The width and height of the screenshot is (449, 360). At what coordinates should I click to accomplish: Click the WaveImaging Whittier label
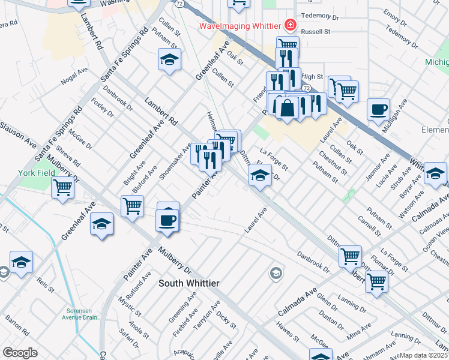pyautogui.click(x=240, y=26)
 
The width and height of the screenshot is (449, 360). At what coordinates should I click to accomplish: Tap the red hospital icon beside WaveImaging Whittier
pyautogui.click(x=291, y=25)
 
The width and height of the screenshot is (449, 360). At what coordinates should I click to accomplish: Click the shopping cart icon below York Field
pyautogui.click(x=62, y=187)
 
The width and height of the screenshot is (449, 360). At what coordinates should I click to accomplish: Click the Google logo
pyautogui.click(x=20, y=353)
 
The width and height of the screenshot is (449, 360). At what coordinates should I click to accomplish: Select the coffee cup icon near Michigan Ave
pyautogui.click(x=378, y=110)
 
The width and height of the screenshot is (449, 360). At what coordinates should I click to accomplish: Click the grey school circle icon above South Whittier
pyautogui.click(x=276, y=274)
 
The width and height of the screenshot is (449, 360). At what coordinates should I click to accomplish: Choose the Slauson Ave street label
pyautogui.click(x=18, y=135)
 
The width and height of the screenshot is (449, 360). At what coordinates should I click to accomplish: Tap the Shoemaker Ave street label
pyautogui.click(x=175, y=161)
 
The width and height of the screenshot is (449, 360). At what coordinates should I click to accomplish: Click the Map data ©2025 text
pyautogui.click(x=424, y=355)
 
